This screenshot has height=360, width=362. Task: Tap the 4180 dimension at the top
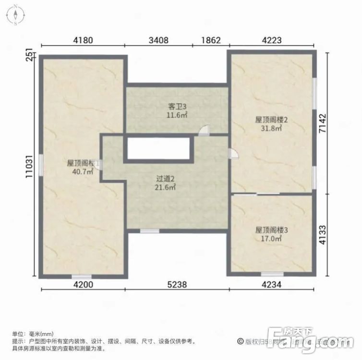click(x=83, y=40)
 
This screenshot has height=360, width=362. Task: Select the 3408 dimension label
click(x=158, y=40)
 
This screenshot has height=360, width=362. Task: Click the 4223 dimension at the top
click(x=271, y=40)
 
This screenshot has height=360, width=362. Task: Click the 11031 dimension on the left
click(x=30, y=167)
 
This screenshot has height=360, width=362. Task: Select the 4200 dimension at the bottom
click(x=83, y=285)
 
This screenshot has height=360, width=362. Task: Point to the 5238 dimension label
click(x=177, y=285)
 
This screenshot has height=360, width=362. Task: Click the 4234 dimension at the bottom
click(x=271, y=285)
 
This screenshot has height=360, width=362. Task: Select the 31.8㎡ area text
click(x=271, y=128)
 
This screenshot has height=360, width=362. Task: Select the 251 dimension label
click(x=30, y=55)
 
